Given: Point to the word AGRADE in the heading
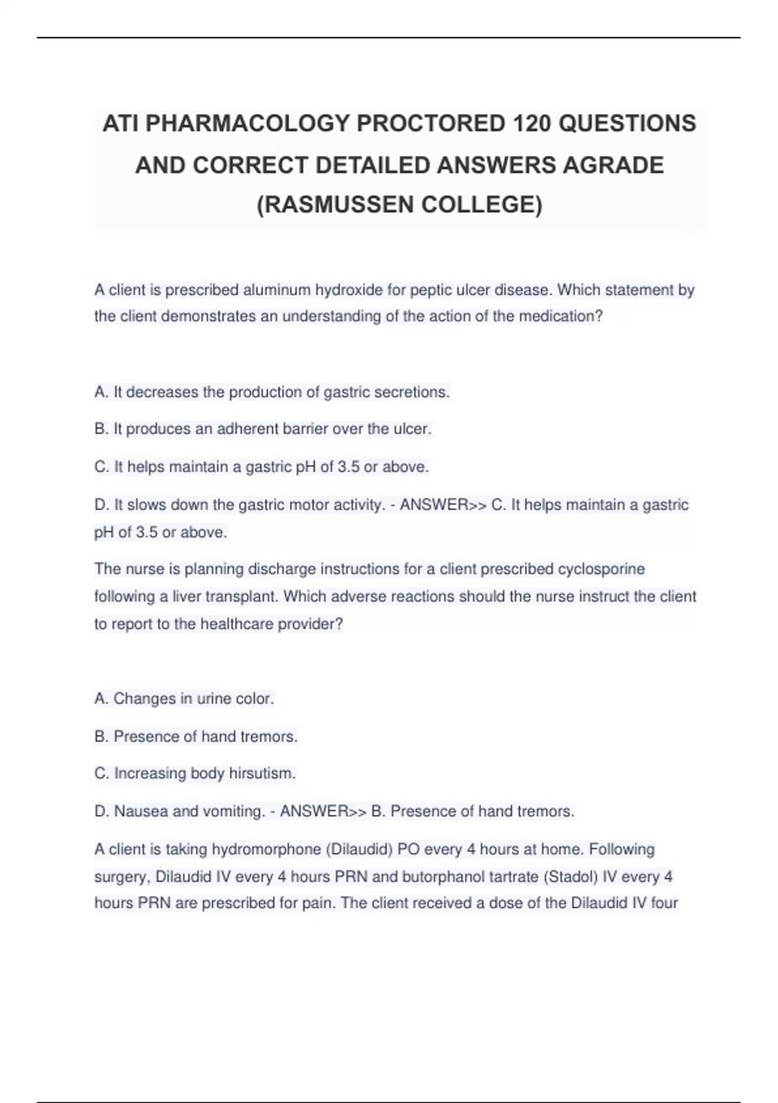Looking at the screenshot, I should point(613,165).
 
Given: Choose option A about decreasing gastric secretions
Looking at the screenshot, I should point(272,393).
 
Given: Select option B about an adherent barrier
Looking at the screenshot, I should point(263,430).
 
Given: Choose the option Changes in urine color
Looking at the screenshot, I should point(184,699).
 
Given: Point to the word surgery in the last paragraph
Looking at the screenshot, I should point(123,877).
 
